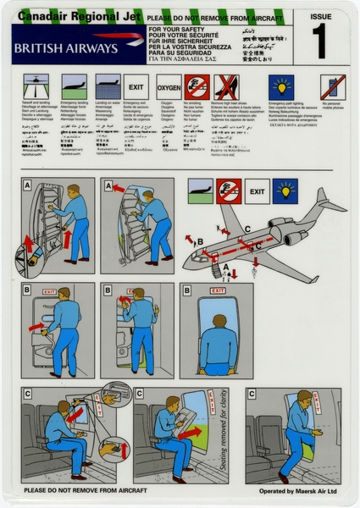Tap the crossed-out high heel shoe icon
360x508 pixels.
[225, 86]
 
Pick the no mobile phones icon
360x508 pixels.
[332, 87]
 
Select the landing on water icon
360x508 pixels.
[107, 86]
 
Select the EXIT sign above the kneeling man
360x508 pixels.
[219, 291]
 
